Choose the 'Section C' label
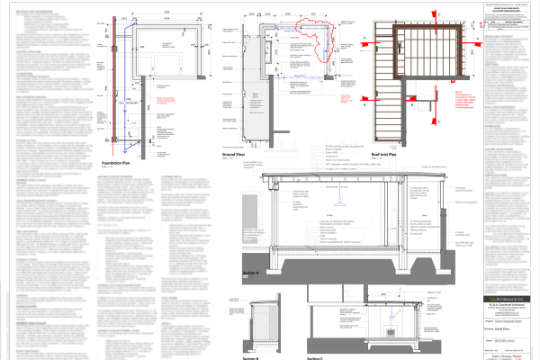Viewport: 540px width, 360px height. (x=314, y=357)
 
